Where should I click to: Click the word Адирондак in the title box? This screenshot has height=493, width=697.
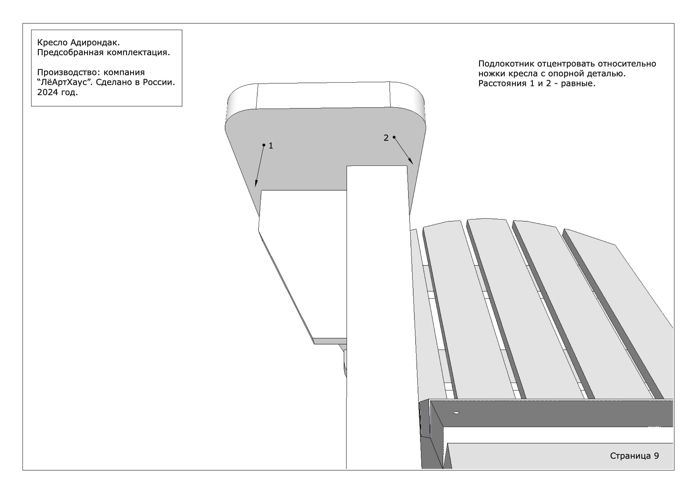click(x=95, y=43)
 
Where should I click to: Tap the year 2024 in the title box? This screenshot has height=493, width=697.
click(x=47, y=92)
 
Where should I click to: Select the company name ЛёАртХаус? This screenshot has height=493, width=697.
click(x=65, y=82)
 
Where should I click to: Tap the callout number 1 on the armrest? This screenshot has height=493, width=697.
click(x=271, y=146)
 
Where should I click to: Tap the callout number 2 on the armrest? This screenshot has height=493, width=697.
click(x=386, y=138)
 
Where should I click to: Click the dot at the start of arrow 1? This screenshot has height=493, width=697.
click(x=264, y=145)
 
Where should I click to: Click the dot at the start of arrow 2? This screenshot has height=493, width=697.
click(x=394, y=137)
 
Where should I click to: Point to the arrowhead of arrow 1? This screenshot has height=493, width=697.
click(x=256, y=184)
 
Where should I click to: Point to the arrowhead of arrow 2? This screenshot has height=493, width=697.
click(x=411, y=161)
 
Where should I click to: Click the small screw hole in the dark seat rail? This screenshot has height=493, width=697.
click(x=456, y=413)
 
